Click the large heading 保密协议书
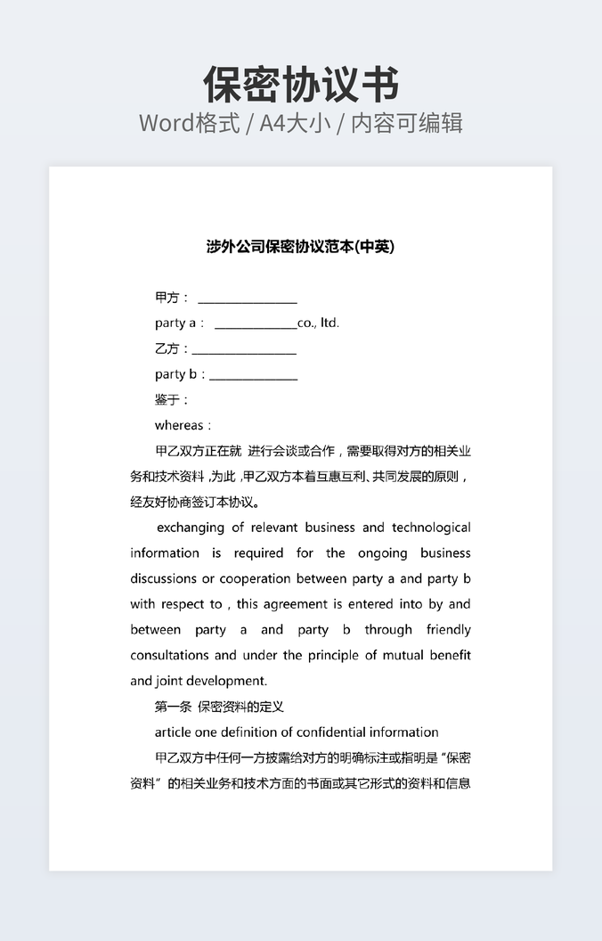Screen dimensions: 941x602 pyautogui.click(x=301, y=85)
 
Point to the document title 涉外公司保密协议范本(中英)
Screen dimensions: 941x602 pyautogui.click(x=300, y=247)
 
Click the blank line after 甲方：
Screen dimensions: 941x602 pyautogui.click(x=247, y=299)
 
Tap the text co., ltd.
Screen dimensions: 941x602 pyautogui.click(x=319, y=323)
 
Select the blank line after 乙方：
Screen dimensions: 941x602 pyautogui.click(x=244, y=349)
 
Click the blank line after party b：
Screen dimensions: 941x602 pyautogui.click(x=253, y=375)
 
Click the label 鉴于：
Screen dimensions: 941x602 pyautogui.click(x=172, y=400)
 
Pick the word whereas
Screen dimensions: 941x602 pyautogui.click(x=179, y=426)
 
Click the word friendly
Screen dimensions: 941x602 pyautogui.click(x=448, y=630)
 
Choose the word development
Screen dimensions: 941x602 pyautogui.click(x=226, y=681)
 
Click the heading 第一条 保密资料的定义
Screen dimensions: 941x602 pyautogui.click(x=219, y=707)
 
